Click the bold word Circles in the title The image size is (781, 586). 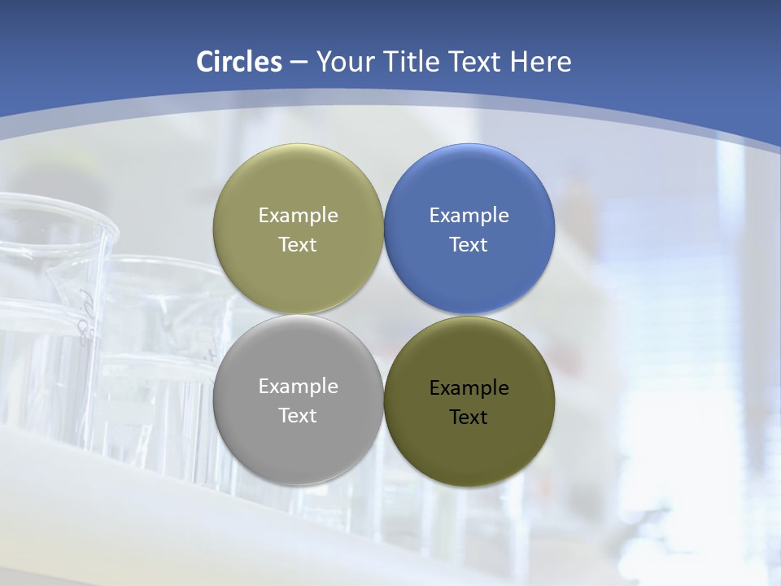click(238, 62)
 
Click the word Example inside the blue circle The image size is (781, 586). click(469, 216)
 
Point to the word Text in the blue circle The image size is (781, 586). click(469, 245)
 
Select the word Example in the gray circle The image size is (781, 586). click(298, 387)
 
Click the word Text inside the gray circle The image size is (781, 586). click(298, 416)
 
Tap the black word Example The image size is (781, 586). click(469, 388)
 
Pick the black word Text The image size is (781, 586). click(469, 418)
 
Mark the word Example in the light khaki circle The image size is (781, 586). click(298, 216)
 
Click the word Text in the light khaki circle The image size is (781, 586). click(298, 245)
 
